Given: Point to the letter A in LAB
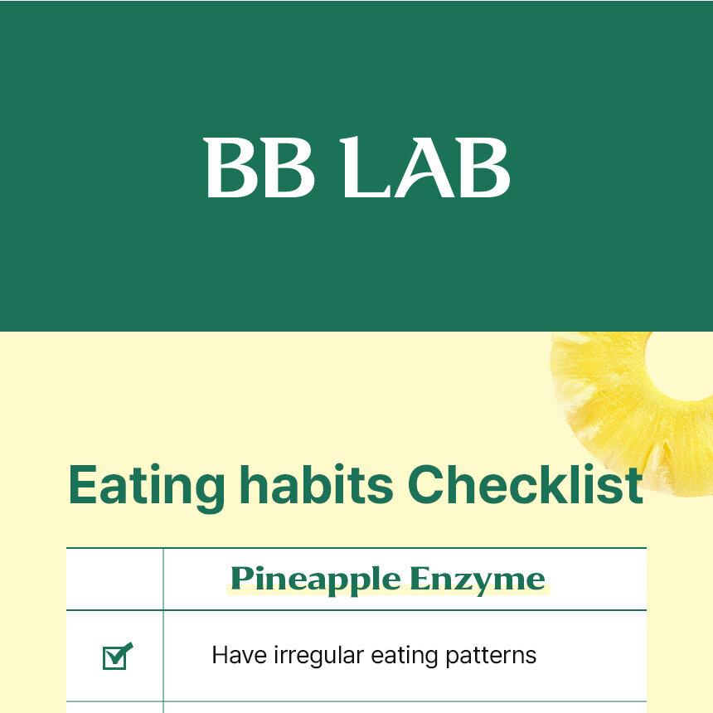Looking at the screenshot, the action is point(424,167).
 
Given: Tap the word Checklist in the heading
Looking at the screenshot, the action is point(525,485).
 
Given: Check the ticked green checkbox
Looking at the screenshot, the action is point(117,656).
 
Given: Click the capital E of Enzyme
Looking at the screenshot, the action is point(420,579).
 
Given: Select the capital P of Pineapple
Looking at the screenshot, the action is point(242,579).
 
